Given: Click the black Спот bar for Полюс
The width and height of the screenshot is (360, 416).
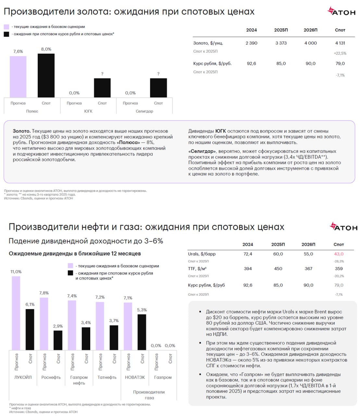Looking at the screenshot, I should pos(46,75).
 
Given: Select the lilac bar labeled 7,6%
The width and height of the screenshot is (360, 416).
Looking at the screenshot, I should pos(18,77).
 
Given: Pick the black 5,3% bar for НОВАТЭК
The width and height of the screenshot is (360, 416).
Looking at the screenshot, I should pos(142,332).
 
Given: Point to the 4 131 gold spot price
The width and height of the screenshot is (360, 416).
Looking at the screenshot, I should pos(340,43).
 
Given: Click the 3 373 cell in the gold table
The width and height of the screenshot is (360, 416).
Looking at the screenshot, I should pos(281,43).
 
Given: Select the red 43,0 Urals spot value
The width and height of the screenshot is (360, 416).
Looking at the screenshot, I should pos(339,254).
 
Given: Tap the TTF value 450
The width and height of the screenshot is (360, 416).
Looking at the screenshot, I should pos(278,269).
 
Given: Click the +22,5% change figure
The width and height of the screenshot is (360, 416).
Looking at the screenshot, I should pos(340,53).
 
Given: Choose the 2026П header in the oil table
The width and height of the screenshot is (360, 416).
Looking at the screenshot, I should pos(308,244).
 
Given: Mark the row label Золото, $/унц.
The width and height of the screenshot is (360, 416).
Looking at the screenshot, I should pos(208,43).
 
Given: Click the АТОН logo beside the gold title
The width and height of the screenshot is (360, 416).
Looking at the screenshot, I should pos(341,12).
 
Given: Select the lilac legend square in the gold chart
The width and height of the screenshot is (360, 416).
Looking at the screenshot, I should pos(6,27).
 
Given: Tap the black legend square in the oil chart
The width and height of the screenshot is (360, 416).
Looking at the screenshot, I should pos(70,273).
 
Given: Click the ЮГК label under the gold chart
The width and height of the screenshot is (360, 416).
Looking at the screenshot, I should pos(88,111).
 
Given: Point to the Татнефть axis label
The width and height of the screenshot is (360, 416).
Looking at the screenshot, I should pos(107,377).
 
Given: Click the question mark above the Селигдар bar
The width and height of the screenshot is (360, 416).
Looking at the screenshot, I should pos(158,74).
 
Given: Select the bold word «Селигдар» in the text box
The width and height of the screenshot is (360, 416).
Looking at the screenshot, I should pos(202,151).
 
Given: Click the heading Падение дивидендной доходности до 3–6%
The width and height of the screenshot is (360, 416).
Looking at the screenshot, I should pos(86,241).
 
